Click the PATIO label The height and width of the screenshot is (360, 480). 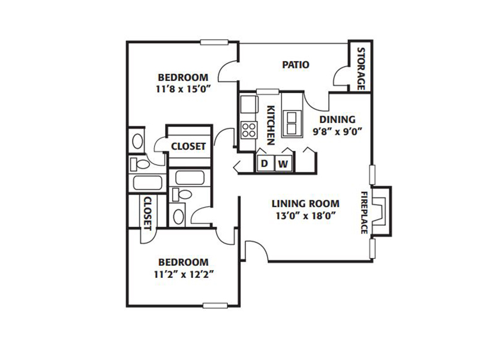click(x=295, y=65)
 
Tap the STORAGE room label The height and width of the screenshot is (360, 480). click(x=361, y=68)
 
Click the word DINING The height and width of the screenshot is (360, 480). click(x=337, y=119)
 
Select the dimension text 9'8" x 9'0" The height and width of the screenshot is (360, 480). click(x=337, y=131)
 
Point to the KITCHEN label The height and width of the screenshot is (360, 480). click(x=271, y=125)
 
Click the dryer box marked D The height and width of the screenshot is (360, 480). click(x=265, y=163)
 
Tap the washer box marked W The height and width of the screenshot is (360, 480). click(x=283, y=164)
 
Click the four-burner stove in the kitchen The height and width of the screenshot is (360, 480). click(x=248, y=130)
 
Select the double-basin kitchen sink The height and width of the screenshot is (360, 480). click(x=292, y=124)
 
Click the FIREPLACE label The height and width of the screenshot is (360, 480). click(x=364, y=212)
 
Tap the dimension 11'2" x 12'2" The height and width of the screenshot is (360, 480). click(x=184, y=275)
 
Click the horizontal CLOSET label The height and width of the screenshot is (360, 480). click(x=188, y=146)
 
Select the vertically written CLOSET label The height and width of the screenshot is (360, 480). click(x=148, y=214)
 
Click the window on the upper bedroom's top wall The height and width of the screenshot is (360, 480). click(x=214, y=43)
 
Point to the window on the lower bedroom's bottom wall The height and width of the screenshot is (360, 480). click(x=215, y=305)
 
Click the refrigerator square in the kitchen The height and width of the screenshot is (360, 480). click(x=249, y=104)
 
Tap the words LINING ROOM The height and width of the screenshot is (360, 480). click(x=305, y=203)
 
